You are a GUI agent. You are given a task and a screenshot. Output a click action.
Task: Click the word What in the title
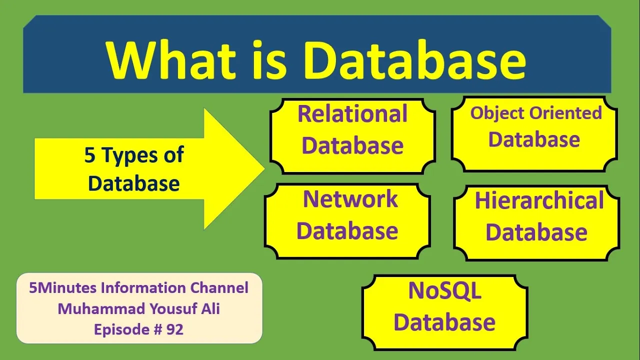pyautogui.click(x=171, y=59)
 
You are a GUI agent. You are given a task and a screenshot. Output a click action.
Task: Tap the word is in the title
pyautogui.click(x=269, y=59)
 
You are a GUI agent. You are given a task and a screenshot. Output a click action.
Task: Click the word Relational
pyautogui.click(x=352, y=113)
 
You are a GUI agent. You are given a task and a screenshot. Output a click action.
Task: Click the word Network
pyautogui.click(x=350, y=199)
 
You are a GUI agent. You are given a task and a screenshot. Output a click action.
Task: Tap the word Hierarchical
pyautogui.click(x=539, y=200)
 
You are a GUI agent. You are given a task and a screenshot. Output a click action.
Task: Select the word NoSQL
pyautogui.click(x=444, y=290)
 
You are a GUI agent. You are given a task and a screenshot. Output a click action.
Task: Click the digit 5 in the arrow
pyautogui.click(x=89, y=155)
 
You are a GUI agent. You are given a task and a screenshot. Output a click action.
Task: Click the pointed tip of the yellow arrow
pyautogui.click(x=264, y=168)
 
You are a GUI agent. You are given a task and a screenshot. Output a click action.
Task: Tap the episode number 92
pyautogui.click(x=174, y=329)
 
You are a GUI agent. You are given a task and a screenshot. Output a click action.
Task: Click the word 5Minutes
pyautogui.click(x=62, y=288)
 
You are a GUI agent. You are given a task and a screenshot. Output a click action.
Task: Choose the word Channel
pyautogui.click(x=219, y=288)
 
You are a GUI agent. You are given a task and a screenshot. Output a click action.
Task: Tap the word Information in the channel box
pyautogui.click(x=143, y=288)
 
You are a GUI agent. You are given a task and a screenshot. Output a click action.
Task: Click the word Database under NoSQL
pyautogui.click(x=444, y=322)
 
